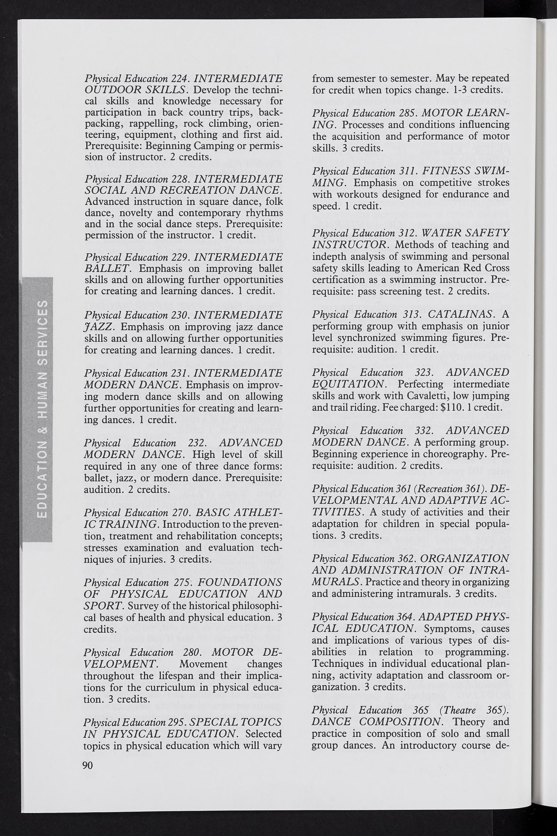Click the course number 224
click(180, 78)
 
